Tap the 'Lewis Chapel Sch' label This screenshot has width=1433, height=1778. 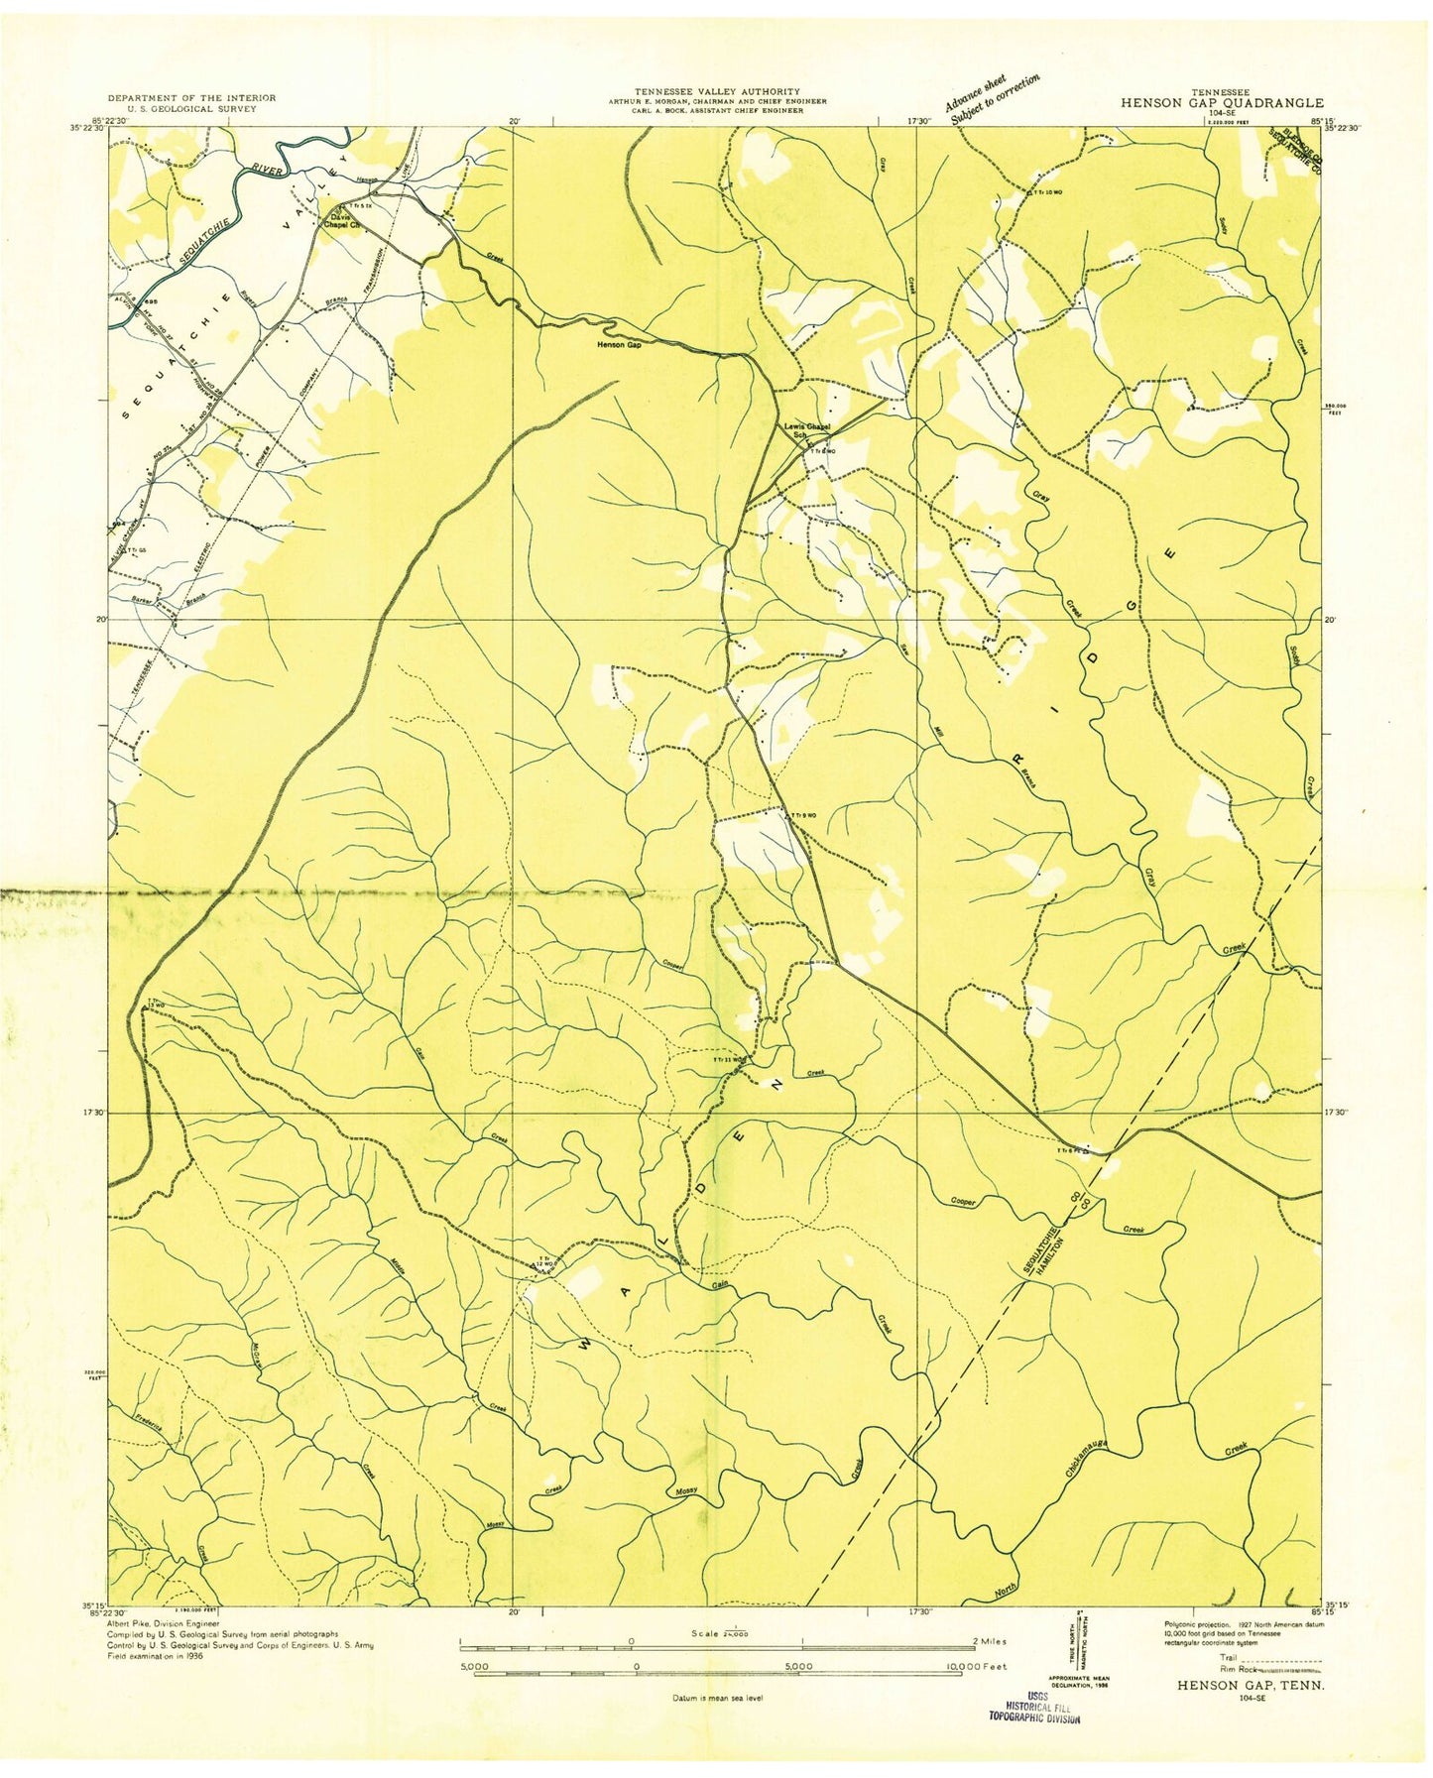805,429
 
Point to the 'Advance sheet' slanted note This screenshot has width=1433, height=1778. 976,93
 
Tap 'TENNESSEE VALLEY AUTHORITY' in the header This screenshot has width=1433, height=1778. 716,91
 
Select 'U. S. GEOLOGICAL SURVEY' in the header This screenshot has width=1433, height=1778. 181,108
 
